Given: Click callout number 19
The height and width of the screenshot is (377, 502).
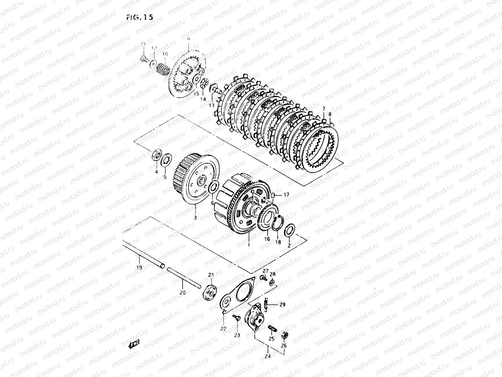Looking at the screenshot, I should pos(139,267).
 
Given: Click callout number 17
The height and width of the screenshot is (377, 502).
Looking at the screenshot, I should pos(286,195).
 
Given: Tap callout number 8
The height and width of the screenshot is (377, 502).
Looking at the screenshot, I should pos(330,115).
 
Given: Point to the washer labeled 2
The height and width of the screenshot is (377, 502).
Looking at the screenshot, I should pos(289,231).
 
